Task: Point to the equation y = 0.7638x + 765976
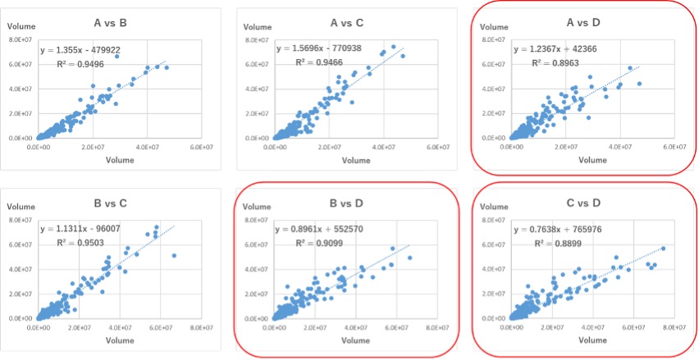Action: click(565, 230)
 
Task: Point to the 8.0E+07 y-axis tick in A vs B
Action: click(21, 39)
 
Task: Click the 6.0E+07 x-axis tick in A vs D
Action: click(674, 147)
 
